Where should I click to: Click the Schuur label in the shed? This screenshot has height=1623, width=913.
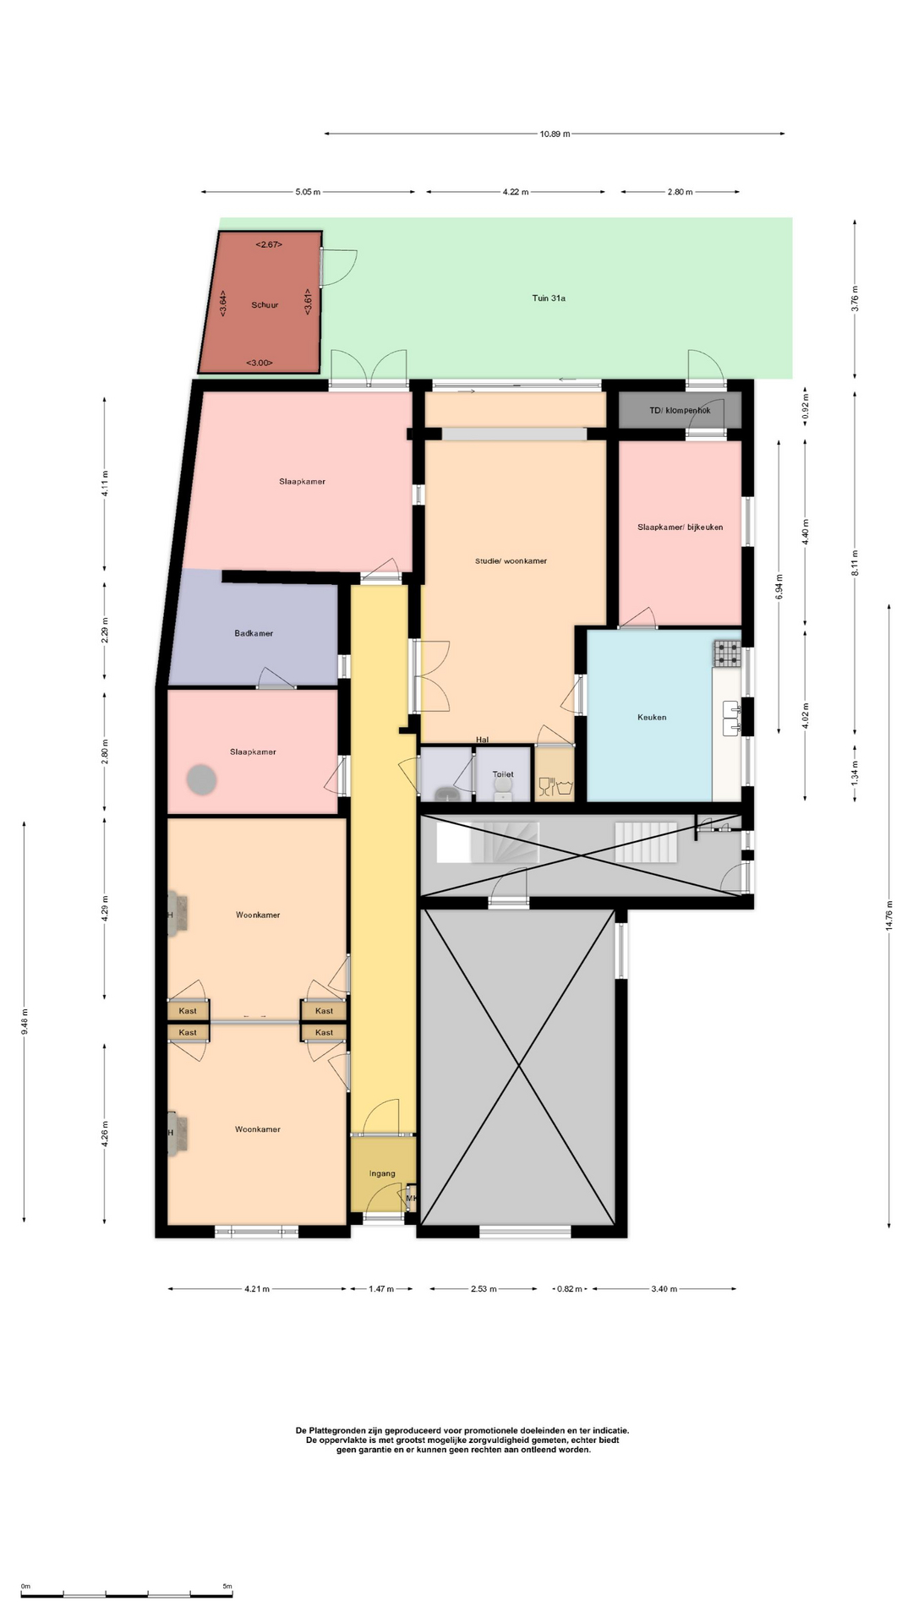pos(265,305)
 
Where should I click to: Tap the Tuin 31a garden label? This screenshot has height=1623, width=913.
pos(549,298)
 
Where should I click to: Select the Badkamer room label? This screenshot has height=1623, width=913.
pos(254,633)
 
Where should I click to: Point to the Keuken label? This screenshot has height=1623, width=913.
pos(652,718)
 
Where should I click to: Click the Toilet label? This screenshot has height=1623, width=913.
pos(503,774)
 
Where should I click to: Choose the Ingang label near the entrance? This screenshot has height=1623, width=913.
pos(382,1173)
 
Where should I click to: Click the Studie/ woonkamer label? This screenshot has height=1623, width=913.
pos(511,561)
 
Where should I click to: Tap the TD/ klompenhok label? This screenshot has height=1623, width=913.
pos(680,411)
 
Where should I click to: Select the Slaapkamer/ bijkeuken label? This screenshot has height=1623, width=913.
pos(681,527)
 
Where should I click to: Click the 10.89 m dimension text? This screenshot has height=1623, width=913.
pos(555,134)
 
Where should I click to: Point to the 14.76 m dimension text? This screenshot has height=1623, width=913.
pos(888,915)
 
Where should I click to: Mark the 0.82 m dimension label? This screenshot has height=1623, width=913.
pos(570,1289)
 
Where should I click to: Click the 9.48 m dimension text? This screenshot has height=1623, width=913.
pos(25,1022)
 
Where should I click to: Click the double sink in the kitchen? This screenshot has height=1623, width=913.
pos(732,717)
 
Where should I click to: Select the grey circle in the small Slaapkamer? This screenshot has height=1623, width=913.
pos(202,779)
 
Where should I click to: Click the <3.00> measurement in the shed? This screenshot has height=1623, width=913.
pos(259,363)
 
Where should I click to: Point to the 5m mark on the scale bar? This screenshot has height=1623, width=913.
pos(227,1587)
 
